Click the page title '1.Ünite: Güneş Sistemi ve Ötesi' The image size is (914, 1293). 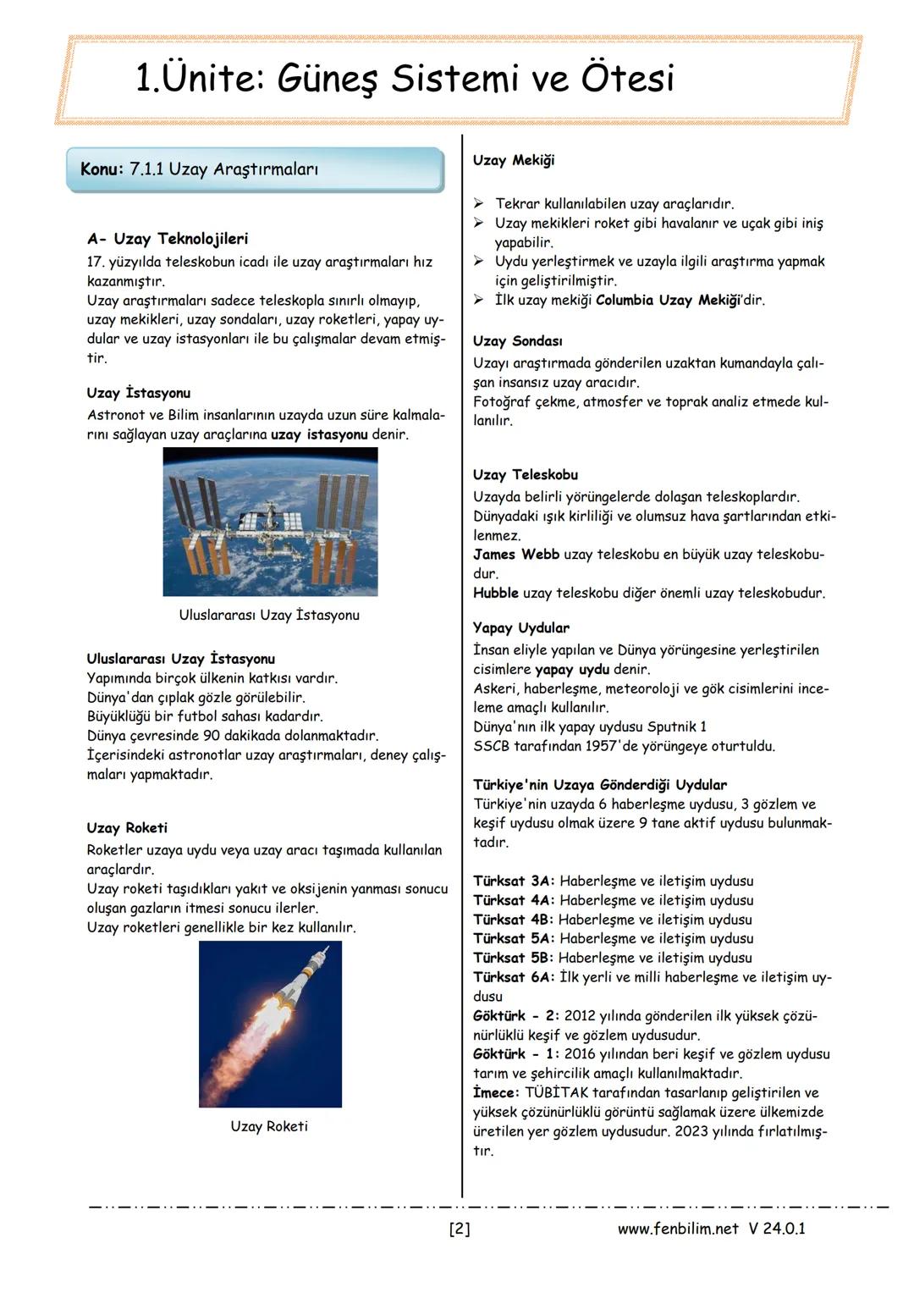tap(405, 79)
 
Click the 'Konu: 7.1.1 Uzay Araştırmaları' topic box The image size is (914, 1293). tap(255, 169)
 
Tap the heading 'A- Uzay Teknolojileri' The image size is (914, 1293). tap(168, 239)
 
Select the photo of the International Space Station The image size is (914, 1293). tap(270, 522)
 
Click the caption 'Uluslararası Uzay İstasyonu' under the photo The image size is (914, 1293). tap(269, 615)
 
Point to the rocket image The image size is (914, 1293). tap(270, 1024)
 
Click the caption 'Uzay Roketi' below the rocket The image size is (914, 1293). tap(269, 1126)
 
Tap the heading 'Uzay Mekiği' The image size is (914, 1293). tap(514, 160)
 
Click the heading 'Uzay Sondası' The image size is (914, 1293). tap(517, 340)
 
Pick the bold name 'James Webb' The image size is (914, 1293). tap(516, 555)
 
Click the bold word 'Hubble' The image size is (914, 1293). tap(496, 593)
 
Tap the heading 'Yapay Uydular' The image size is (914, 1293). tap(521, 627)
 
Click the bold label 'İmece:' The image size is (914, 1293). tap(497, 1092)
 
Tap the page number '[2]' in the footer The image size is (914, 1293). tap(459, 1229)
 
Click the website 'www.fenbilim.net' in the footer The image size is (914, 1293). tap(678, 1229)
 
